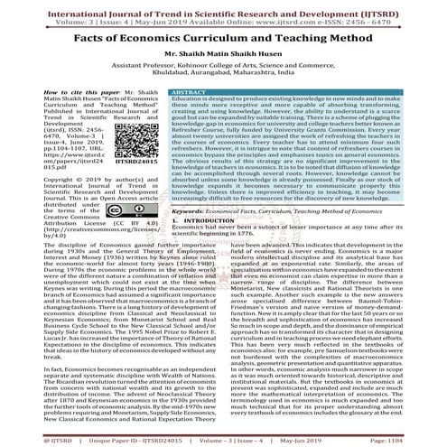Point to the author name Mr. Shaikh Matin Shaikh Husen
pos(223,58)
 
